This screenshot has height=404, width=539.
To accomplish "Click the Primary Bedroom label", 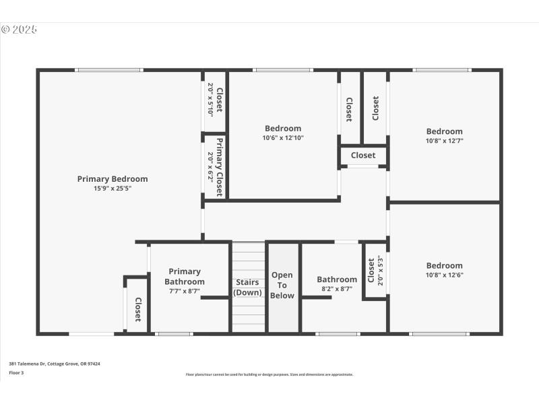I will [x=113, y=179].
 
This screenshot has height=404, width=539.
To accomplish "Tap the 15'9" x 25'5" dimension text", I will [x=113, y=189].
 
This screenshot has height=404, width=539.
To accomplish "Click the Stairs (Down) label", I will [x=248, y=287].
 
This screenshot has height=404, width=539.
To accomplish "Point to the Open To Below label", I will [x=282, y=285].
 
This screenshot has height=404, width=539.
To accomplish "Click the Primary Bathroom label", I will [x=185, y=277].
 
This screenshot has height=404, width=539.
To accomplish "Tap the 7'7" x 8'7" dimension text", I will [x=185, y=291].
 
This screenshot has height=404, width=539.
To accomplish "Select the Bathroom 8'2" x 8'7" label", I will [x=337, y=279].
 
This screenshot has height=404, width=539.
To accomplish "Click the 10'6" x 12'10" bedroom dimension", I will [x=283, y=138].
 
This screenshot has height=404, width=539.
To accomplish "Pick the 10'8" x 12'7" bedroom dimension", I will [x=444, y=141].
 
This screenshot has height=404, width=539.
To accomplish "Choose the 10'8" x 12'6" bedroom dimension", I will [x=444, y=275].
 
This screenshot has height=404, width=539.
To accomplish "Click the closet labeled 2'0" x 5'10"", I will [x=215, y=100].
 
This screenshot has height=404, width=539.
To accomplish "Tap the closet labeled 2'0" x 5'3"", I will [x=375, y=271].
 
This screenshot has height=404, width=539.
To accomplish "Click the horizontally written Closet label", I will [x=363, y=156].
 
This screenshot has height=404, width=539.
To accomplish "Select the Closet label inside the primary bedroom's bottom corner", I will [x=138, y=309].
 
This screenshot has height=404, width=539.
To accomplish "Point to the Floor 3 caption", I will [x=16, y=372].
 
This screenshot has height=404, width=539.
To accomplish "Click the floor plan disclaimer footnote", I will [x=269, y=374].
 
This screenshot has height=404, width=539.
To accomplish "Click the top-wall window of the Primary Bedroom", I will [x=108, y=70].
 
